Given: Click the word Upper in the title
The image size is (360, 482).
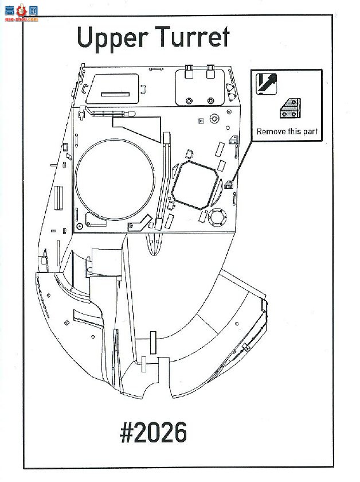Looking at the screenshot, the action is point(112,38).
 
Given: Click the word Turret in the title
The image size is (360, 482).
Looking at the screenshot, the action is point(192,37).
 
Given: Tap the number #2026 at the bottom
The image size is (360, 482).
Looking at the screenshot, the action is point(153,432).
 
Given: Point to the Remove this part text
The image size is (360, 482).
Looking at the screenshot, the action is point(287,131).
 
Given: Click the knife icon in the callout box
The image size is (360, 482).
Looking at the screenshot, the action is point(267,84).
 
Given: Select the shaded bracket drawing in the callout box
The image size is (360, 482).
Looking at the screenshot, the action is point(290,108).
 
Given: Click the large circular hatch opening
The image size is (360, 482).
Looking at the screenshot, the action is point(115,179).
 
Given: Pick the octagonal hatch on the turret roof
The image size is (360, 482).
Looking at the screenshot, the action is point(195,185).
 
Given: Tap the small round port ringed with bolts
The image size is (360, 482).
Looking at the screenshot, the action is point(217,217).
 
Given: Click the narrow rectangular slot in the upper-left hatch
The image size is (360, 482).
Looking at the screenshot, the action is point(115,94).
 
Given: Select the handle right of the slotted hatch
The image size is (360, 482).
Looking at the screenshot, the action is point(143,89).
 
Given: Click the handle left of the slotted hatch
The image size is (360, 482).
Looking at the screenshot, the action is point(85,88).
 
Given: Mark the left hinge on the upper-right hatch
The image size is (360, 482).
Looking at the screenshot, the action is point(189,71).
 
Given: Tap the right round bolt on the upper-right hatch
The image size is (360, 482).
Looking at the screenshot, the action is point(210,101).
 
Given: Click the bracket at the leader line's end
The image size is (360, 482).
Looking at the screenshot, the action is point(229,184).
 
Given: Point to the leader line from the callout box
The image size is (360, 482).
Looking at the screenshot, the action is point(242,161).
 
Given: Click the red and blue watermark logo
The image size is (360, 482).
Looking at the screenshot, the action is point(21,13).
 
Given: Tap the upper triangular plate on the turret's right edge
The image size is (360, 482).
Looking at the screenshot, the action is point(230,88).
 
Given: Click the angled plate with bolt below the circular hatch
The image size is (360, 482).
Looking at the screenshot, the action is point(139,223).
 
